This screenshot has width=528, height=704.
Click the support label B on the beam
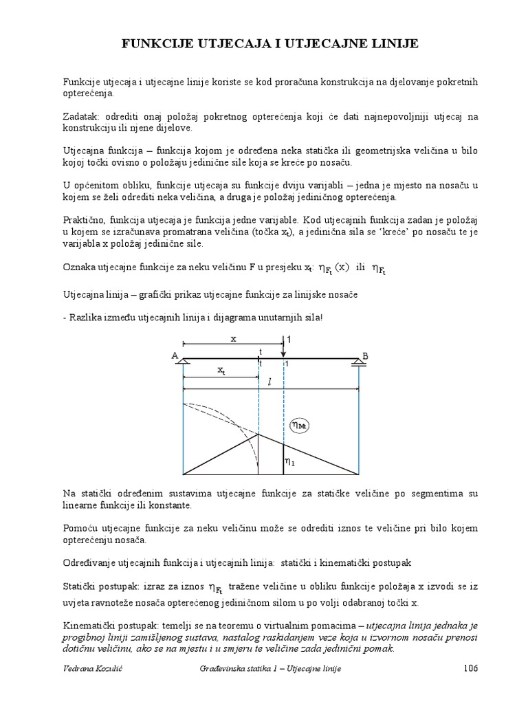[365, 355]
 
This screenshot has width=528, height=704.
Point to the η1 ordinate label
[291, 462]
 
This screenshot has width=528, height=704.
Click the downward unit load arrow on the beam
[283, 347]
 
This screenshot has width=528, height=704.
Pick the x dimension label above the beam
[233, 338]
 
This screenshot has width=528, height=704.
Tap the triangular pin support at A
[183, 362]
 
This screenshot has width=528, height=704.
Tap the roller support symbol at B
[358, 363]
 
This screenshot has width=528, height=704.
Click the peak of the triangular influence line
[258, 434]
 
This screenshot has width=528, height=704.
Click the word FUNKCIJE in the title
[157, 45]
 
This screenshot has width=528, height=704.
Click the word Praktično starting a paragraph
[85, 219]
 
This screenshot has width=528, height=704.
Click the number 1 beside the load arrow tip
[289, 340]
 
